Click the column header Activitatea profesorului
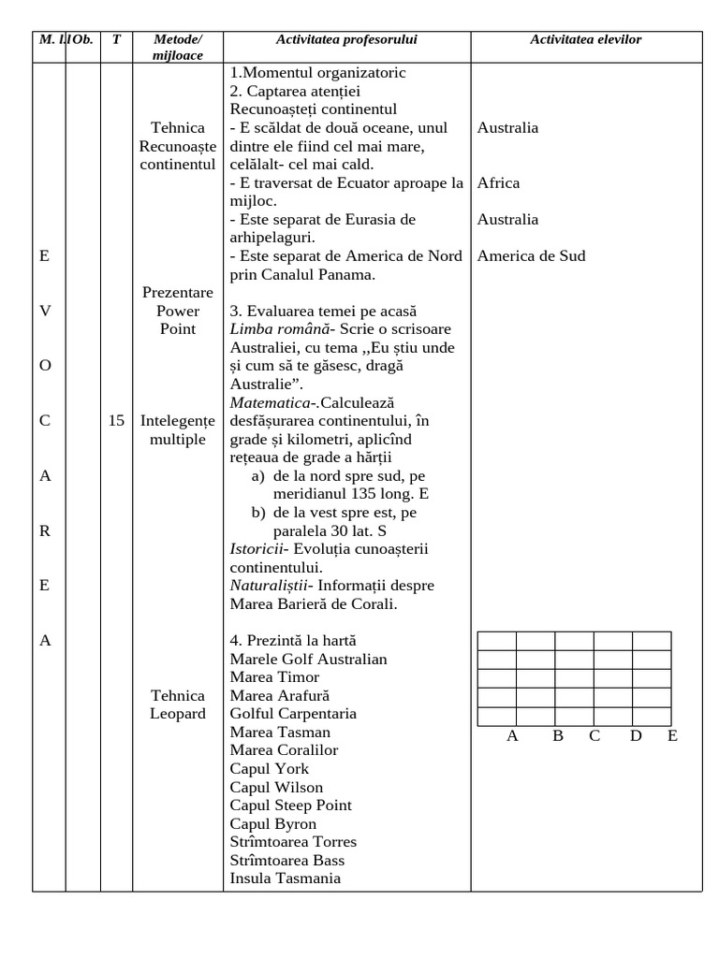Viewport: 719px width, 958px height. [346, 39]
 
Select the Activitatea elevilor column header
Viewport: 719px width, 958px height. [585, 39]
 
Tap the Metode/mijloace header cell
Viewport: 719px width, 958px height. [177, 48]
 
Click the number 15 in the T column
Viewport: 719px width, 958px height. [116, 421]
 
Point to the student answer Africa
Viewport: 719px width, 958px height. [498, 183]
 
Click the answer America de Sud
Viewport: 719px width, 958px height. [531, 256]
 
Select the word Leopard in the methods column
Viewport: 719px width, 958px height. [177, 714]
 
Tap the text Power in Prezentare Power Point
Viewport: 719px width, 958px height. [177, 312]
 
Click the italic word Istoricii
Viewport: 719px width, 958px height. [256, 549]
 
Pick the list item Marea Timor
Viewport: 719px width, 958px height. [274, 677]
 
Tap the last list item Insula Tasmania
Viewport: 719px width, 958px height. [285, 878]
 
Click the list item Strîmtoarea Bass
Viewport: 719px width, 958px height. [286, 860]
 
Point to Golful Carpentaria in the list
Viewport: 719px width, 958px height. [293, 714]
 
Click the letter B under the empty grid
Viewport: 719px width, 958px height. [557, 736]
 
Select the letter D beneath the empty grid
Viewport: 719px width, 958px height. [636, 736]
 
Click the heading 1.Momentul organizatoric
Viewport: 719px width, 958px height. [317, 73]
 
